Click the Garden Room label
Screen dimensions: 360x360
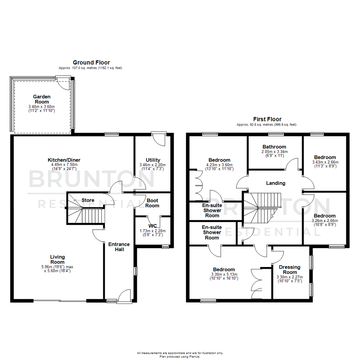point(42,99)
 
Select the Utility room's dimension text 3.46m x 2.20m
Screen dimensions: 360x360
point(153,165)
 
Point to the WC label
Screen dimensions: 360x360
point(153,226)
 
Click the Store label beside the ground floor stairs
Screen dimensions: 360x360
point(88,200)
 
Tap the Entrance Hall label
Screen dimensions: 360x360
point(119,247)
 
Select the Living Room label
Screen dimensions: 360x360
point(57,259)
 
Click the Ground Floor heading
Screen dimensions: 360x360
point(91,62)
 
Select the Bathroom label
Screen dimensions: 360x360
point(274,147)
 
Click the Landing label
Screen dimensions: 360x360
point(275,183)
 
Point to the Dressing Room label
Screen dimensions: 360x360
point(290,269)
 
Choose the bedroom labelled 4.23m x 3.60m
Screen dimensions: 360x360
point(219,160)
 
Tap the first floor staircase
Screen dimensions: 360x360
point(260,210)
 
